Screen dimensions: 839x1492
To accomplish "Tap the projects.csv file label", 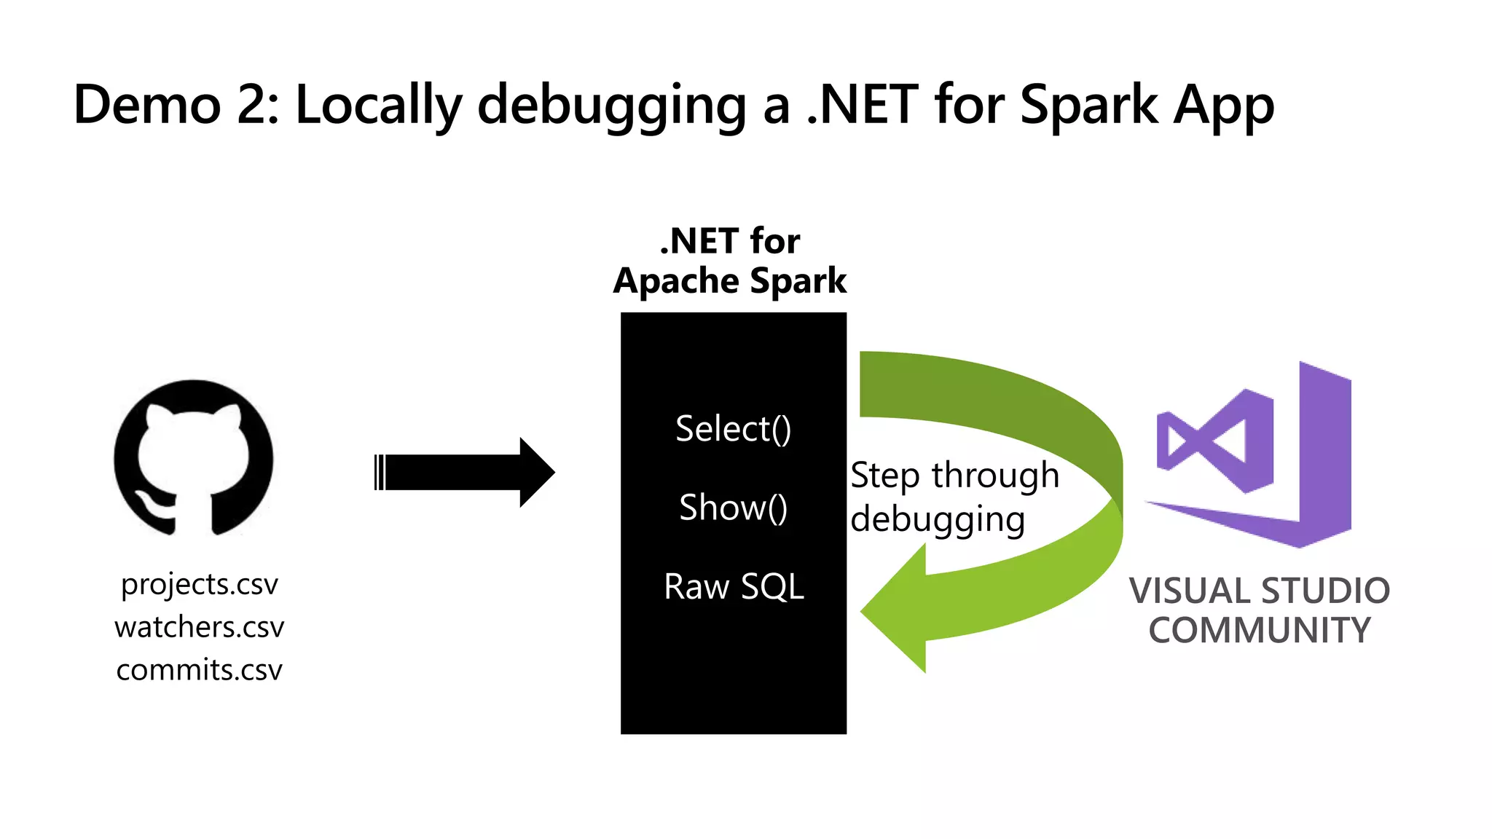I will click(199, 585).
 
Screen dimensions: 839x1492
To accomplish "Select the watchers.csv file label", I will click(199, 627).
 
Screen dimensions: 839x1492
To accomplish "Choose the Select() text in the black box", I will click(733, 428).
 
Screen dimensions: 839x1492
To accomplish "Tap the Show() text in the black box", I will click(733, 508).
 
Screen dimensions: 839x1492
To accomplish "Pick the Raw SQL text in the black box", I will click(734, 586).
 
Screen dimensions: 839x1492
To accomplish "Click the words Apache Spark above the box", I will click(730, 281).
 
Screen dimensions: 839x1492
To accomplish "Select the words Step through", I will click(954, 476).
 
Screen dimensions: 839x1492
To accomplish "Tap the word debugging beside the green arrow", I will click(938, 520).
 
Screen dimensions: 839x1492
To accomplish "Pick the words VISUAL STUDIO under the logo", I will click(1260, 591).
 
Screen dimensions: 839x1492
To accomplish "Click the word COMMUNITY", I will click(1260, 631).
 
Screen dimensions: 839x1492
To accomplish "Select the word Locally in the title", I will click(379, 105).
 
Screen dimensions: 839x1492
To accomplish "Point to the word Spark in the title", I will click(1088, 105).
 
